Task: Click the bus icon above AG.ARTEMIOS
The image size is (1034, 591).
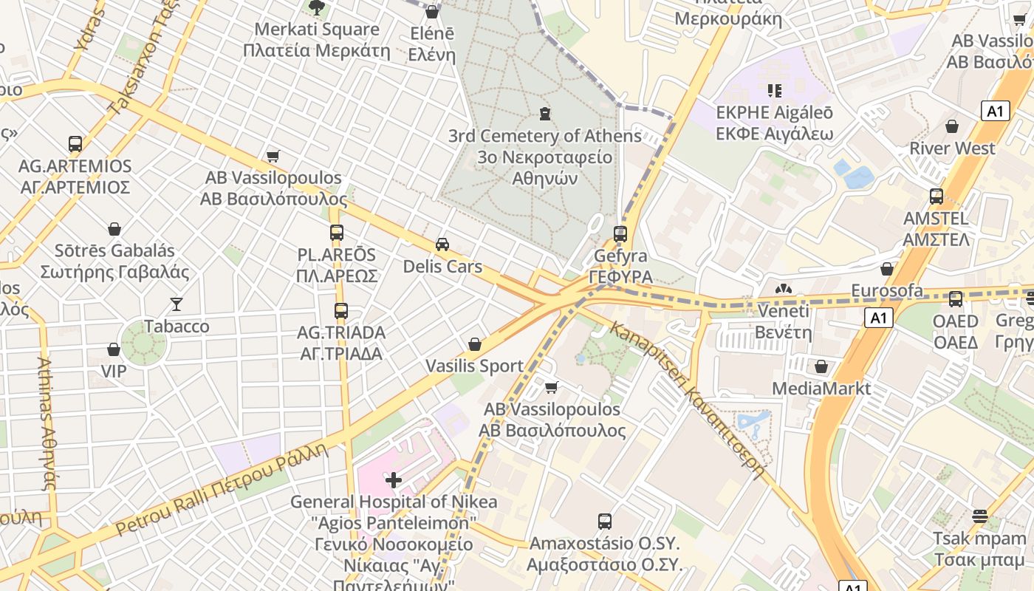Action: pyautogui.click(x=75, y=144)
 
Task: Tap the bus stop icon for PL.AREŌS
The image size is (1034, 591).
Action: pyautogui.click(x=337, y=233)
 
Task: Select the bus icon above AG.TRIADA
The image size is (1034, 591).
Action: pyautogui.click(x=340, y=311)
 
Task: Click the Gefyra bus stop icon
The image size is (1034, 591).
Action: pyautogui.click(x=620, y=234)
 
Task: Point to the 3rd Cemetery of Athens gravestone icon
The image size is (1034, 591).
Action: pyautogui.click(x=545, y=114)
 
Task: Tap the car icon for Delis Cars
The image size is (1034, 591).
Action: pyautogui.click(x=442, y=245)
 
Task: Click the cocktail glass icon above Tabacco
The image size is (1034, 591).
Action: pyautogui.click(x=177, y=304)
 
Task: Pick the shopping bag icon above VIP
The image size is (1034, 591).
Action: pyautogui.click(x=114, y=349)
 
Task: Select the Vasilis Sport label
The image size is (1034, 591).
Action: pyautogui.click(x=474, y=366)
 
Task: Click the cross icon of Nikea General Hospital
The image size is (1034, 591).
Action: pyautogui.click(x=394, y=480)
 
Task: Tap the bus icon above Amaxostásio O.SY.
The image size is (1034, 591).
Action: pyautogui.click(x=605, y=521)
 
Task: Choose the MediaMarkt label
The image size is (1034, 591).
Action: pyautogui.click(x=821, y=388)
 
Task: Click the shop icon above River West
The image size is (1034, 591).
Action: pyautogui.click(x=952, y=126)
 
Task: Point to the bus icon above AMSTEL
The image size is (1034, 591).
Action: pyautogui.click(x=937, y=197)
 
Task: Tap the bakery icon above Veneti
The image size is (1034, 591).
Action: pyautogui.click(x=783, y=289)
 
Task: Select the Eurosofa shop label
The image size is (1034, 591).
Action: pyautogui.click(x=887, y=290)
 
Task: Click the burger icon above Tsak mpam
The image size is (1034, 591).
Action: pyautogui.click(x=979, y=516)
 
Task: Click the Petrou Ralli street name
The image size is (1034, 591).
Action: pyautogui.click(x=221, y=489)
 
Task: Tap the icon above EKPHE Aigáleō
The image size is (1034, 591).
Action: pyautogui.click(x=774, y=91)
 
